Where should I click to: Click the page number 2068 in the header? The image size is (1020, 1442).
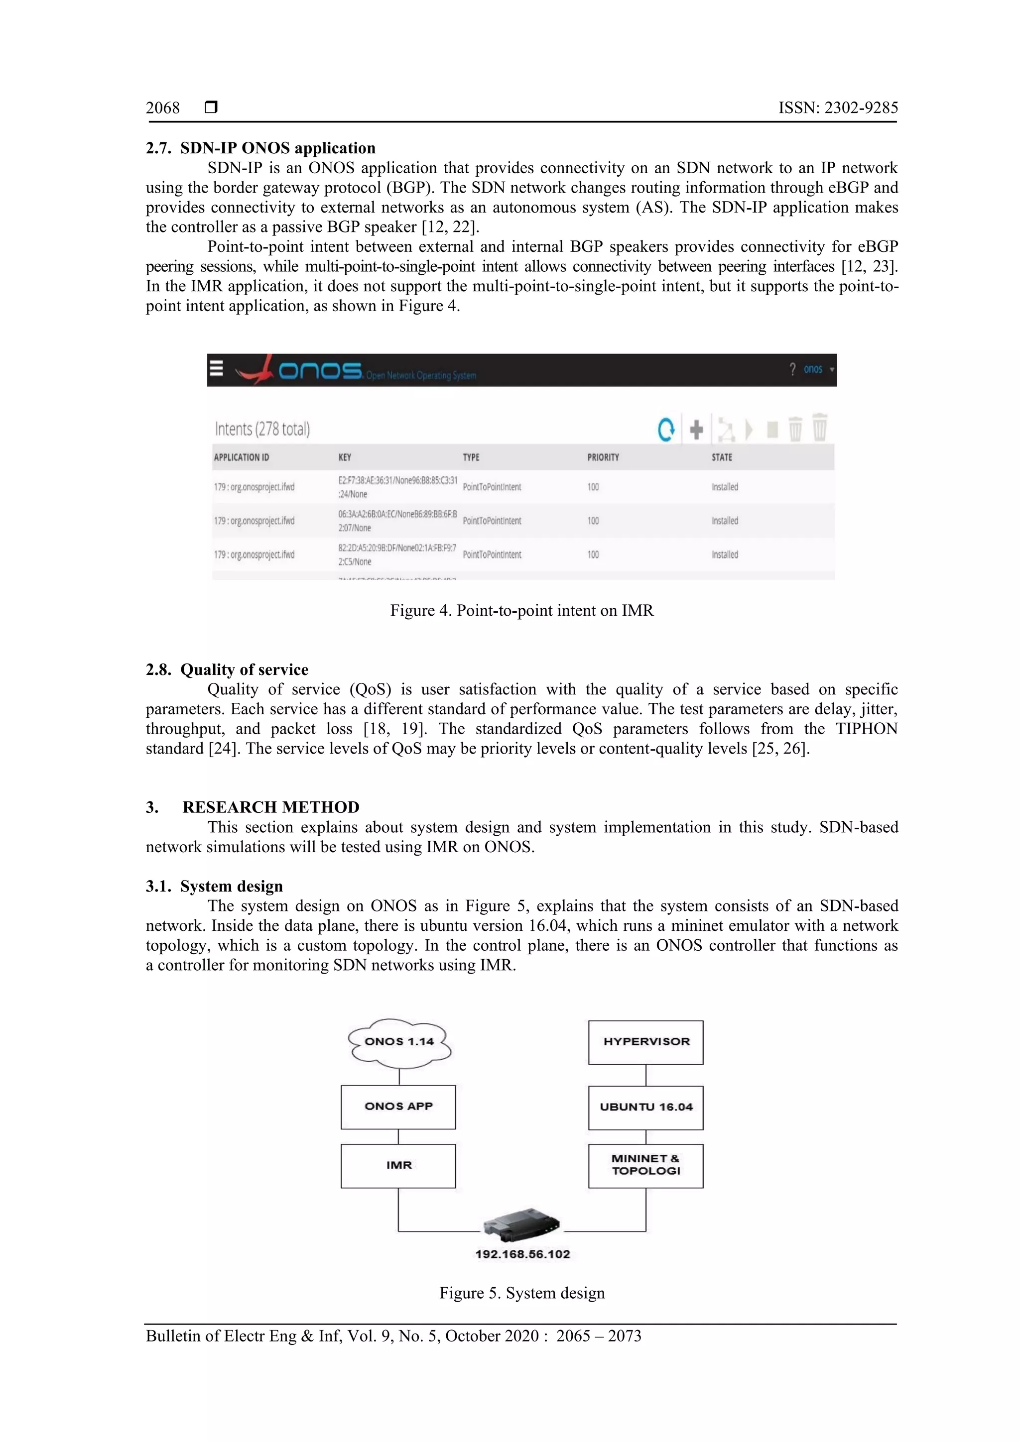coord(163,108)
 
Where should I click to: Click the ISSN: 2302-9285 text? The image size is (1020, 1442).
coord(838,108)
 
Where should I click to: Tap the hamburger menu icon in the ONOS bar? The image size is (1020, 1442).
coord(216,368)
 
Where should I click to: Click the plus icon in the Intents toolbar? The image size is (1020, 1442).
coord(696,430)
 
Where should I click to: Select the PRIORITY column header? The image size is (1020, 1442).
coord(603,457)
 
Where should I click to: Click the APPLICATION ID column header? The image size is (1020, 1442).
coord(242,457)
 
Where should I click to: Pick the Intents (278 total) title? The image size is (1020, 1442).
coord(262,429)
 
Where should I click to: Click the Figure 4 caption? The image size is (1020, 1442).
coord(521,610)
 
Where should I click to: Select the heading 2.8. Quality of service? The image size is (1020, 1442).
coord(227,669)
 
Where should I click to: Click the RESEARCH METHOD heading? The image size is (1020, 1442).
coord(271,807)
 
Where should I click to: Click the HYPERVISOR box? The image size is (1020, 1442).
coord(645,1042)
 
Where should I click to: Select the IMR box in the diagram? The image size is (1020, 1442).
coord(398,1166)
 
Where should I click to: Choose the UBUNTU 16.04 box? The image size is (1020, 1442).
coord(645,1107)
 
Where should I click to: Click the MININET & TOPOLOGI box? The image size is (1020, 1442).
coord(645,1165)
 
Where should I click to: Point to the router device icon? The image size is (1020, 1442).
coord(521,1223)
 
